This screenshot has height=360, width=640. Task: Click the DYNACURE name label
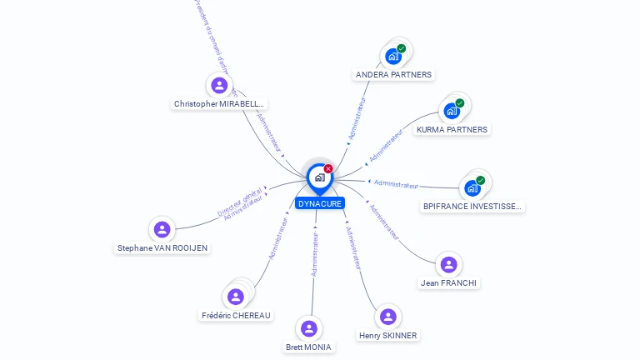click(x=319, y=203)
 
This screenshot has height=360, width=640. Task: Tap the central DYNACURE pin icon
click(x=319, y=177)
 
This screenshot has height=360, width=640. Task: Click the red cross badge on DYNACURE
click(x=328, y=169)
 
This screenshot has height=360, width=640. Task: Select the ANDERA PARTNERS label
click(x=393, y=75)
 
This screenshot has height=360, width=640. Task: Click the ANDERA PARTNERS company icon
click(x=392, y=57)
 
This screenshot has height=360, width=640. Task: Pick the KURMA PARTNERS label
click(x=452, y=130)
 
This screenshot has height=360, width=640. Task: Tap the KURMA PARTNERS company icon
click(x=452, y=111)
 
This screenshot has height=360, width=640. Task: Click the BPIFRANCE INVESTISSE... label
click(x=472, y=207)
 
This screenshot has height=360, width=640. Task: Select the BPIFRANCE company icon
click(x=472, y=188)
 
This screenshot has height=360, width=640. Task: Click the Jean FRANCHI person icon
click(x=449, y=265)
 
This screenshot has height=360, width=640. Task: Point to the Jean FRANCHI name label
click(x=449, y=283)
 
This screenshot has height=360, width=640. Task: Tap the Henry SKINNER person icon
click(x=387, y=317)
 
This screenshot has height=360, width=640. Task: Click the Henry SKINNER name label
click(x=387, y=336)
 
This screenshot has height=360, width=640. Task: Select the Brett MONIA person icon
click(x=309, y=328)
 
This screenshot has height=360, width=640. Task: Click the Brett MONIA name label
click(x=308, y=347)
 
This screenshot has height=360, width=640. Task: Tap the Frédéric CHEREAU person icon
click(x=236, y=297)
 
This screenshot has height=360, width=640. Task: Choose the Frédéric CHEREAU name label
click(x=236, y=316)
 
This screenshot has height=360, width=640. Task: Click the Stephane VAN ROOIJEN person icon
click(x=162, y=229)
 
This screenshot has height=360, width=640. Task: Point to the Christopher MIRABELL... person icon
click(x=219, y=85)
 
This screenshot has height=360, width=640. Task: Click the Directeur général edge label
click(x=240, y=202)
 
